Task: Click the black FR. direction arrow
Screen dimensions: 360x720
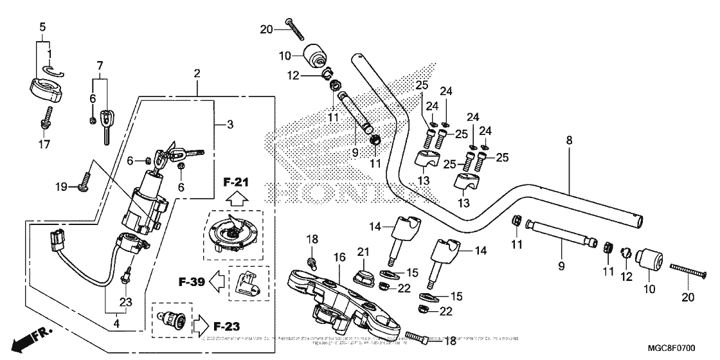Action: click(x=24, y=340)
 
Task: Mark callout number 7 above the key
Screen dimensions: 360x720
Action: click(x=100, y=66)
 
